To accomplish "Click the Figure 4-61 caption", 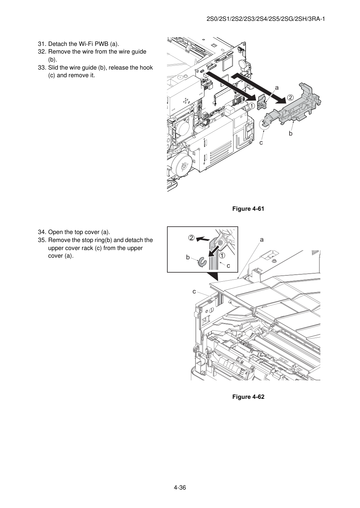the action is (x=248, y=209).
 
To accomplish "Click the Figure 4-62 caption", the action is (x=248, y=397).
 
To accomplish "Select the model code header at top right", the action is (x=266, y=19).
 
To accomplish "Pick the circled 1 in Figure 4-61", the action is (x=251, y=106).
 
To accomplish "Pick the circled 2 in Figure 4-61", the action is (x=290, y=98).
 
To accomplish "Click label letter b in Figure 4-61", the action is (x=290, y=134).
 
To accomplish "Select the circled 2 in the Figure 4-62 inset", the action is (x=191, y=238).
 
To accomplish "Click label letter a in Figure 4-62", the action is (x=262, y=240).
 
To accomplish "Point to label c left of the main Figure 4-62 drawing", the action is (x=194, y=292).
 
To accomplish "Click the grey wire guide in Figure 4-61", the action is (x=295, y=105).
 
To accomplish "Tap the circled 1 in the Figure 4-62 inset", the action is (x=222, y=255).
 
